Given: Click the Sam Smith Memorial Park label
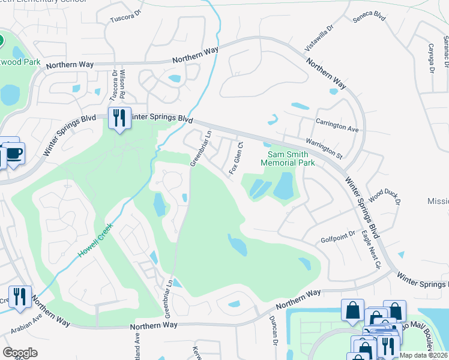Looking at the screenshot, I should tap(287, 158).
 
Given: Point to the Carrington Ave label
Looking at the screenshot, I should tap(337, 124).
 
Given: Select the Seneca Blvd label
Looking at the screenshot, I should tap(369, 18).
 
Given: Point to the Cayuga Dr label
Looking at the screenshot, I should tap(431, 58).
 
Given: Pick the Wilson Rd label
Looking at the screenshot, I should tap(122, 84).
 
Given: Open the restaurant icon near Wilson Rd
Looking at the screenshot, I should tap(119, 118).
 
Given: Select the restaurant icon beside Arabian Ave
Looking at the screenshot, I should tap(20, 298).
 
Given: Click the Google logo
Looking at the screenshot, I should tap(20, 352).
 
